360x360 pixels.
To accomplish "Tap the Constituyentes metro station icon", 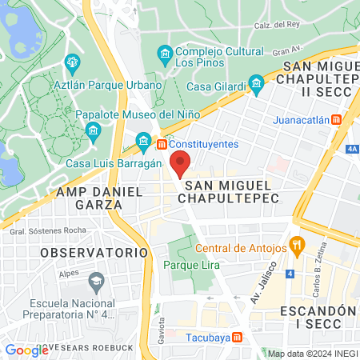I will pyautogui.click(x=162, y=144).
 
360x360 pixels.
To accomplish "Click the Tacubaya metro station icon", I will pyautogui.click(x=238, y=338).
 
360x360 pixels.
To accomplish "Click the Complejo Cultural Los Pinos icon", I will pyautogui.click(x=165, y=54).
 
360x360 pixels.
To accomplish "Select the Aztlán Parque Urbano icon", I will pyautogui.click(x=73, y=62).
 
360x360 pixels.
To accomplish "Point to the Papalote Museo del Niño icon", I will pyautogui.click(x=94, y=130).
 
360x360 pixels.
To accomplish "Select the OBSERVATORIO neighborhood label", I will pyautogui.click(x=95, y=252).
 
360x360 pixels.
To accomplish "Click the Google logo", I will pyautogui.click(x=27, y=350).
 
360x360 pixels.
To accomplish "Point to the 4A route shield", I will pyautogui.click(x=353, y=148).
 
